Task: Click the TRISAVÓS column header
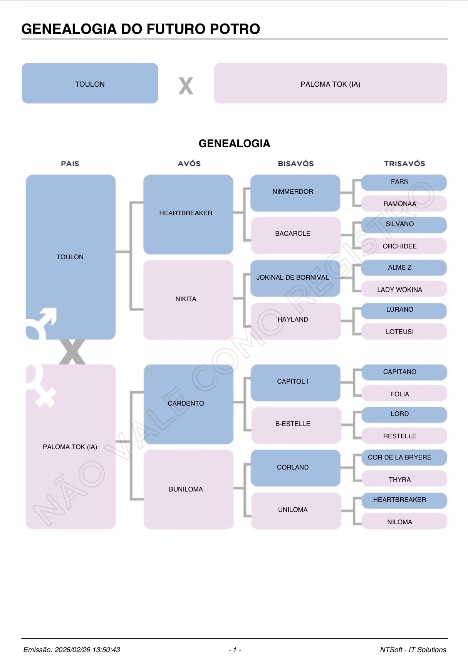(404, 164)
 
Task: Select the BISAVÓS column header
(296, 164)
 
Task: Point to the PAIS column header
(70, 164)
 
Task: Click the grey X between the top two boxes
(186, 86)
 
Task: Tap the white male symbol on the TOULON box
(42, 322)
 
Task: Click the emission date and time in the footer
(72, 650)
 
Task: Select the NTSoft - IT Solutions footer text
(413, 650)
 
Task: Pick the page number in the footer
(235, 650)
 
